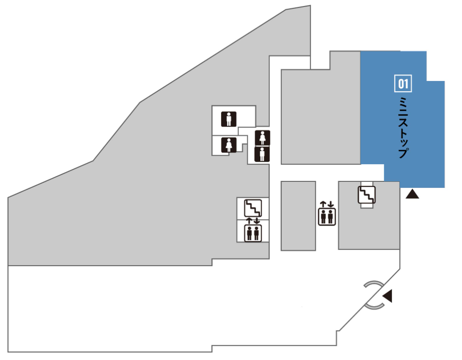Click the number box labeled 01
coord(403,84)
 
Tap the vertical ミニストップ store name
coord(403,127)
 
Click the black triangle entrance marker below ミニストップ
coord(412,194)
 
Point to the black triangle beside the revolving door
coord(388,296)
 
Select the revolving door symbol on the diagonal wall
coord(374,295)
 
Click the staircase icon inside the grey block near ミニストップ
coord(367,195)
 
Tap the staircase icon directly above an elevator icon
coord(253,208)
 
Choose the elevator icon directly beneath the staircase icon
coord(253,233)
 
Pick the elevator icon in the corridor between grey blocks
coord(327,216)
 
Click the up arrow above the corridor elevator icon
coord(323,204)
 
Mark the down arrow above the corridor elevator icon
coord(330,204)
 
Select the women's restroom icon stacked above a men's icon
coord(262,138)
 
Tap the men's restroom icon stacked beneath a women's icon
coord(262,154)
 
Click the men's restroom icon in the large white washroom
coord(229,119)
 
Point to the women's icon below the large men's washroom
coord(229,145)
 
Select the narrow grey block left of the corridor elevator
coord(298,216)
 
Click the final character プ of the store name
coord(403,153)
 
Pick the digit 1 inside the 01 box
coord(406,84)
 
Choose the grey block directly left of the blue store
coord(321,116)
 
